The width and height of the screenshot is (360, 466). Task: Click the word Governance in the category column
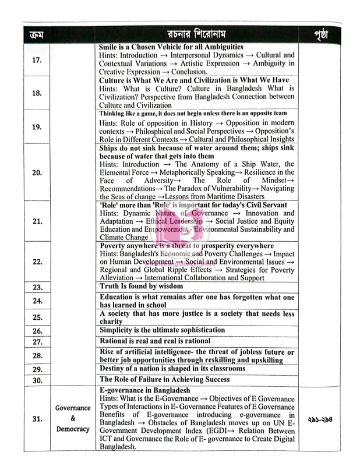tap(73, 408)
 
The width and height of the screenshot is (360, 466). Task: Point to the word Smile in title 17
tap(110, 47)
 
